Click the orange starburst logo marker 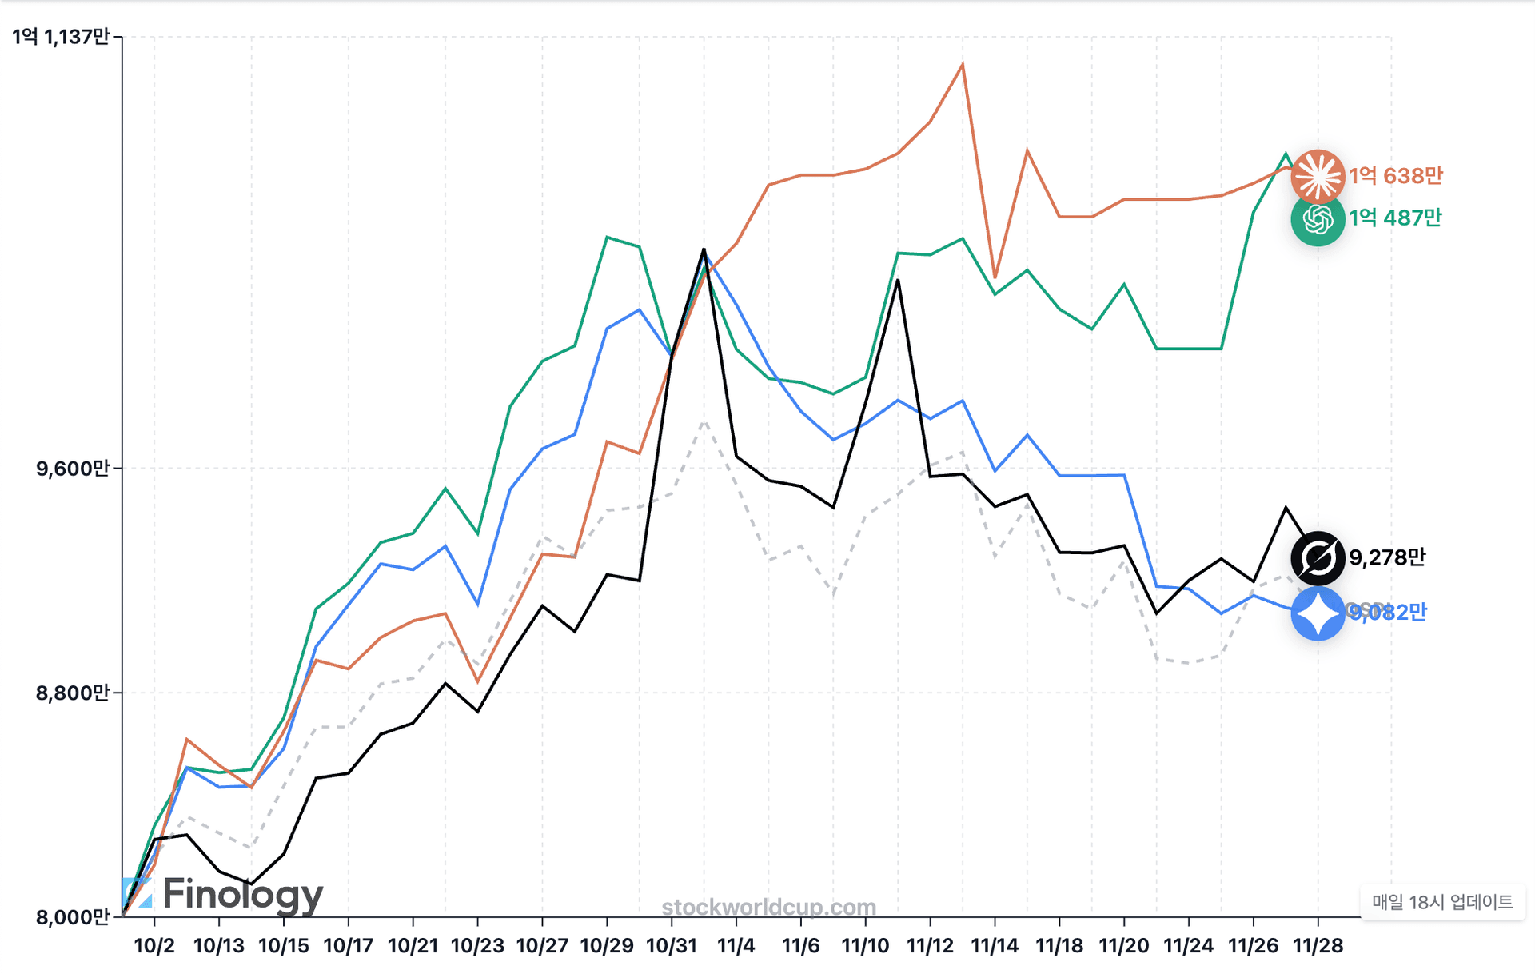click(x=1318, y=176)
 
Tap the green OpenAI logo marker click(x=1318, y=219)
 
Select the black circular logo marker click(x=1318, y=557)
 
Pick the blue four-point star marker click(x=1318, y=613)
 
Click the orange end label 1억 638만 click(x=1396, y=176)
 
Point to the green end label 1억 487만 click(x=1395, y=218)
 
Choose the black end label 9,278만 click(x=1387, y=557)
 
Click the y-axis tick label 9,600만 click(x=72, y=469)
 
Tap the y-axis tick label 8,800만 click(x=72, y=693)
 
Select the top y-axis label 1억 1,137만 click(x=61, y=37)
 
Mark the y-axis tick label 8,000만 click(x=72, y=917)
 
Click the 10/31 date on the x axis click(x=672, y=946)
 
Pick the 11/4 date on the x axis click(x=736, y=946)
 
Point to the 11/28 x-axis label click(x=1318, y=946)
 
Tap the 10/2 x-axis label click(x=154, y=946)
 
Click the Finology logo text click(x=241, y=895)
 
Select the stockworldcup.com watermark click(x=769, y=908)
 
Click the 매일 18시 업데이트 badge click(x=1442, y=903)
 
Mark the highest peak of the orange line click(x=963, y=64)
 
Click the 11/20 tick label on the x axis click(x=1124, y=946)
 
